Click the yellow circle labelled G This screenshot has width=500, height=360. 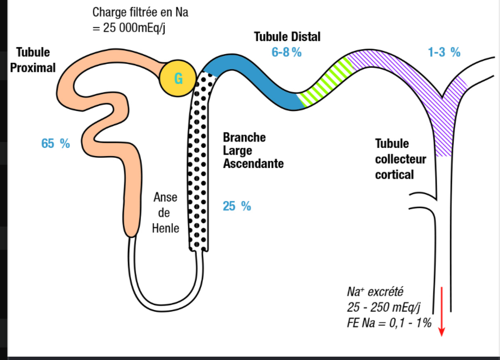tap(178, 78)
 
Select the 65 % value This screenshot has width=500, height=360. tap(55, 144)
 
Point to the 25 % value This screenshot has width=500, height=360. tap(237, 207)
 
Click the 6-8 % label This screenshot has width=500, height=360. tap(286, 52)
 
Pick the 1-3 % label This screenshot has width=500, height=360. tap(444, 52)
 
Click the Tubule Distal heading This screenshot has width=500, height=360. tap(287, 37)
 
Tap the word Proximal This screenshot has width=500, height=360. tap(33, 68)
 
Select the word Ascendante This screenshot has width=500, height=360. tap(253, 164)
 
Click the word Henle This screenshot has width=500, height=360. tap(165, 228)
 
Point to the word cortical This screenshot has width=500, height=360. tap(394, 175)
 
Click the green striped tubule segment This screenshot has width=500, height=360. tap(325, 82)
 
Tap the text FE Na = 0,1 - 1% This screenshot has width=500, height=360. tap(389, 323)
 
